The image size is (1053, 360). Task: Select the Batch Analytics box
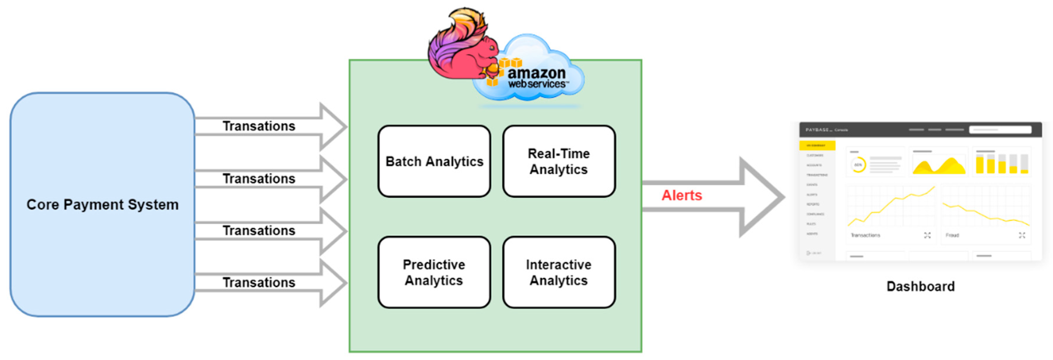tap(434, 161)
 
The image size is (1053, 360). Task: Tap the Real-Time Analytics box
tap(559, 161)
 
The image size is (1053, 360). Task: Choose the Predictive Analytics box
tap(434, 272)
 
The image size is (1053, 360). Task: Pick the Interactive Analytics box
tap(559, 272)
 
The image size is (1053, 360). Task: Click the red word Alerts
tap(681, 195)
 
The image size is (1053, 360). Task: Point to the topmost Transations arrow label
tap(259, 126)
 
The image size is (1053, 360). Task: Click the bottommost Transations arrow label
tap(259, 282)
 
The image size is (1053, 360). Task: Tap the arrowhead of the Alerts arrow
tap(762, 197)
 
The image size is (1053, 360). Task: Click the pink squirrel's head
tap(486, 49)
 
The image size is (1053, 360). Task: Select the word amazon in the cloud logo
tap(536, 74)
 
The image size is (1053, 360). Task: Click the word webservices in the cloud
tap(536, 84)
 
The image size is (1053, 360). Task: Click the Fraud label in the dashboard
tap(952, 235)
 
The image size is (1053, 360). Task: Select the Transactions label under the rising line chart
tap(865, 235)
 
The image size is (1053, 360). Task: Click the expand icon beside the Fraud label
tap(1022, 235)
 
